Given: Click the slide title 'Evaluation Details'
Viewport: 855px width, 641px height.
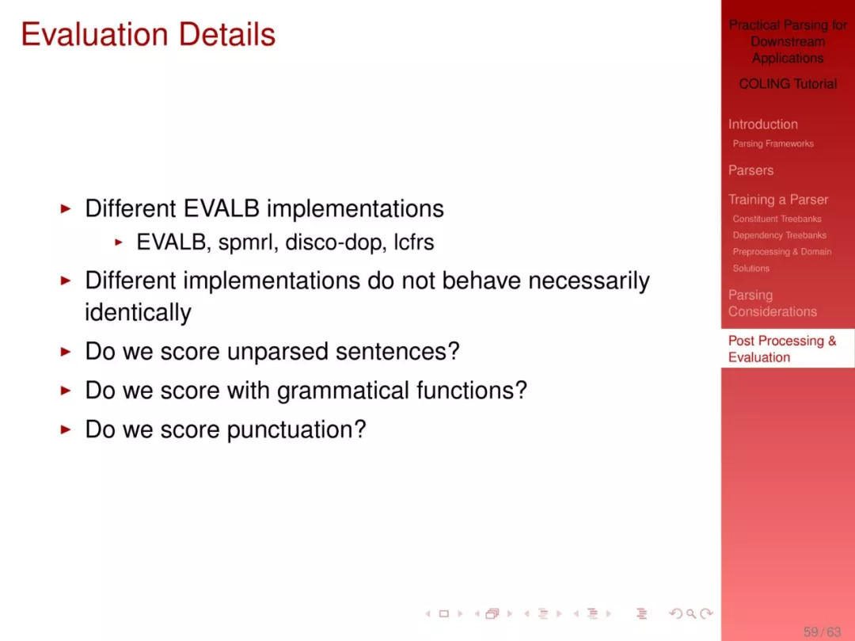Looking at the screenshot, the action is click(148, 34).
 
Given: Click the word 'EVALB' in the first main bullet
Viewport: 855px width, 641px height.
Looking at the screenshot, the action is click(222, 208).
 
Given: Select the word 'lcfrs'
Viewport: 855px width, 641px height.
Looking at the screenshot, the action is click(414, 242).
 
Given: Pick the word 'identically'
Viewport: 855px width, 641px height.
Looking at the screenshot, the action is click(138, 313).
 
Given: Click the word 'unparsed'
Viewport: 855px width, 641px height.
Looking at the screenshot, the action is click(278, 352).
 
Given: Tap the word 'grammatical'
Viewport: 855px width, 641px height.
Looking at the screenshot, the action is click(343, 391).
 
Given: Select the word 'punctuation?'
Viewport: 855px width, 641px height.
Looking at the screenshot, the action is click(296, 430).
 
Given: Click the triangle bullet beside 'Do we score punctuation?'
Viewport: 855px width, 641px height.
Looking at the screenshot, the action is click(66, 430).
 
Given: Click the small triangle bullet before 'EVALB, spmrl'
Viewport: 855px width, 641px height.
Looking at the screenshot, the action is click(119, 242).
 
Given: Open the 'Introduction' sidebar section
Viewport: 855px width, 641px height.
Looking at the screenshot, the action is click(763, 124).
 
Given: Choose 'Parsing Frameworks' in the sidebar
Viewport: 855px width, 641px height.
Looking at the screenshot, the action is click(773, 143).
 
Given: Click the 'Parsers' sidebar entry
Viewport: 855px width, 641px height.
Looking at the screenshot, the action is click(750, 170).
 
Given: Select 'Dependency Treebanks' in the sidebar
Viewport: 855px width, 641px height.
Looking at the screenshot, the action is click(779, 235).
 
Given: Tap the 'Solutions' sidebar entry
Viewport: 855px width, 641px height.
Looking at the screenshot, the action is click(750, 269).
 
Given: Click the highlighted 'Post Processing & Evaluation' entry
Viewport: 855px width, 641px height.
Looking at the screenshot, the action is click(782, 349).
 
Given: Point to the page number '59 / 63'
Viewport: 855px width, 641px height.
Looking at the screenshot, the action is click(823, 631).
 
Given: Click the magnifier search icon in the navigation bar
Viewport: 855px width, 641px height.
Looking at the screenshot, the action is click(691, 614).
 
